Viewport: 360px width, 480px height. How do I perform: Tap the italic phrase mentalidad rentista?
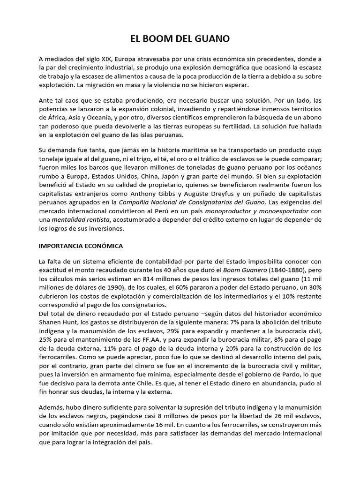pyautogui.click(x=81, y=220)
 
